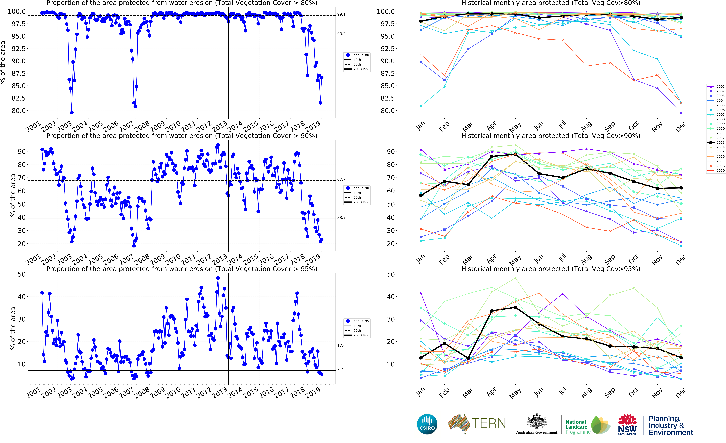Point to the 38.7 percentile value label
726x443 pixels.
point(341,218)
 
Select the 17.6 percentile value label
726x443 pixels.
point(341,346)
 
